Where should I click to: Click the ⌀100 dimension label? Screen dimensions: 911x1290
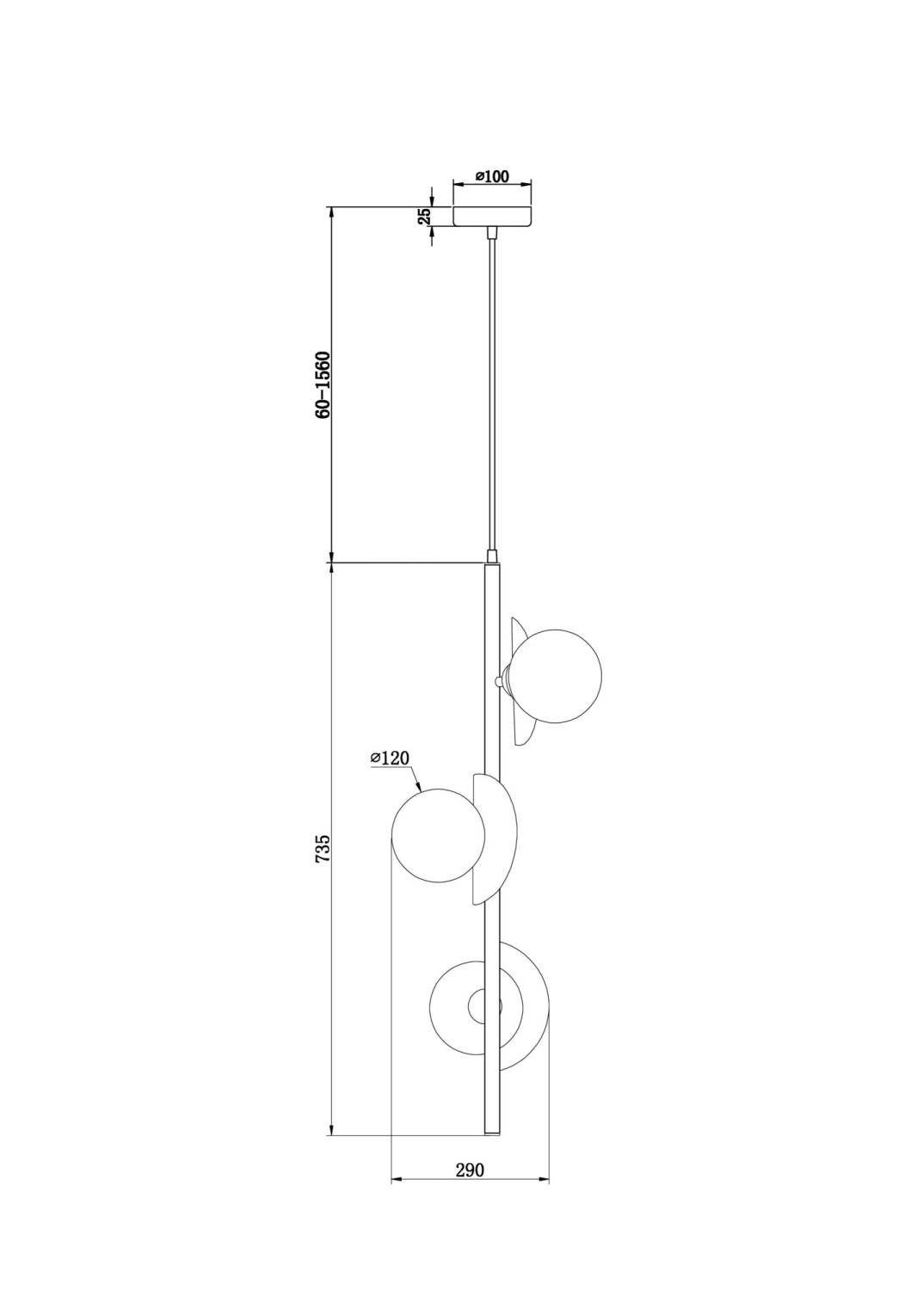coord(493,176)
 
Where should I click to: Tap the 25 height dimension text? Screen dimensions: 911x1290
coord(424,216)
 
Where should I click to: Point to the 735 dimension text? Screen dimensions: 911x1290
coord(323,847)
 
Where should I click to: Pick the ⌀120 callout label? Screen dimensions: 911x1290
coord(390,759)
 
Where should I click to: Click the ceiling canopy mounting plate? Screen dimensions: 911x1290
coord(492,216)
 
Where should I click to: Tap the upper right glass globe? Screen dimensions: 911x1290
coord(557,675)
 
